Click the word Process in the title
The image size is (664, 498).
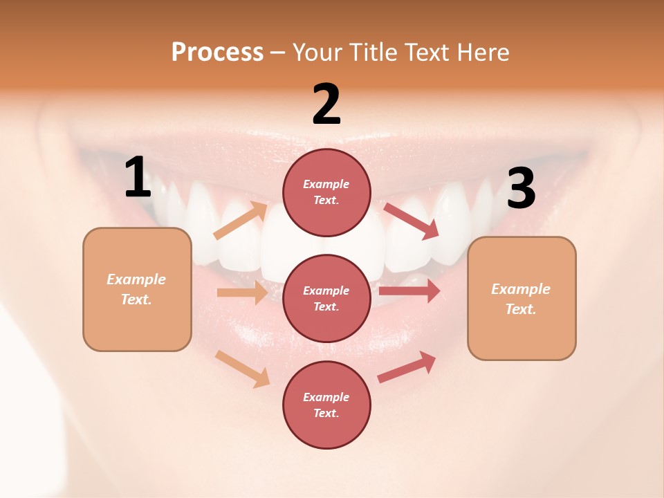click(x=217, y=53)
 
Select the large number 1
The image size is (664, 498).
click(x=138, y=178)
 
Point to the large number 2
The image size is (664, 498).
click(x=326, y=105)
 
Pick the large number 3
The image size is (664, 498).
click(x=521, y=188)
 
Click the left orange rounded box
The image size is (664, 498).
click(x=137, y=289)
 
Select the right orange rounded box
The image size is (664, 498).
click(x=522, y=299)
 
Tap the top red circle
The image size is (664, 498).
click(x=326, y=192)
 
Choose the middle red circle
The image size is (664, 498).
click(x=326, y=298)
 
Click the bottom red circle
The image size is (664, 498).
click(x=326, y=405)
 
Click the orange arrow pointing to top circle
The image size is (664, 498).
click(x=241, y=221)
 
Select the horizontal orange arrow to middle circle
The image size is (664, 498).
click(x=242, y=293)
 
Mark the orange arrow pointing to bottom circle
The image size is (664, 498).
click(x=242, y=369)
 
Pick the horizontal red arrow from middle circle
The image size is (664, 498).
click(x=409, y=291)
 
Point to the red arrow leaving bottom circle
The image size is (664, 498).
click(x=407, y=367)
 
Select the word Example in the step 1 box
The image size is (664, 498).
click(x=136, y=279)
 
